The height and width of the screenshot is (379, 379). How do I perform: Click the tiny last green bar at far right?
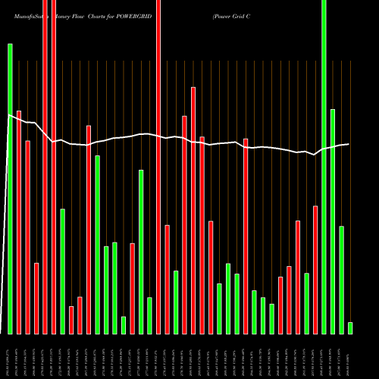tap(350, 327)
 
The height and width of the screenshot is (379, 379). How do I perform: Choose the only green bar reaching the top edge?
tap(324, 167)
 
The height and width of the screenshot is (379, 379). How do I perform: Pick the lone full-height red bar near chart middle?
tap(158, 167)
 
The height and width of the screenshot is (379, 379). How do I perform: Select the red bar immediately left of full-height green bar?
tap(315, 269)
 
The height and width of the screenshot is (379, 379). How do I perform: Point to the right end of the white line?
tap(349, 144)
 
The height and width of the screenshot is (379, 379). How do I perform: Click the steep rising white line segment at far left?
tap(4, 227)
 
